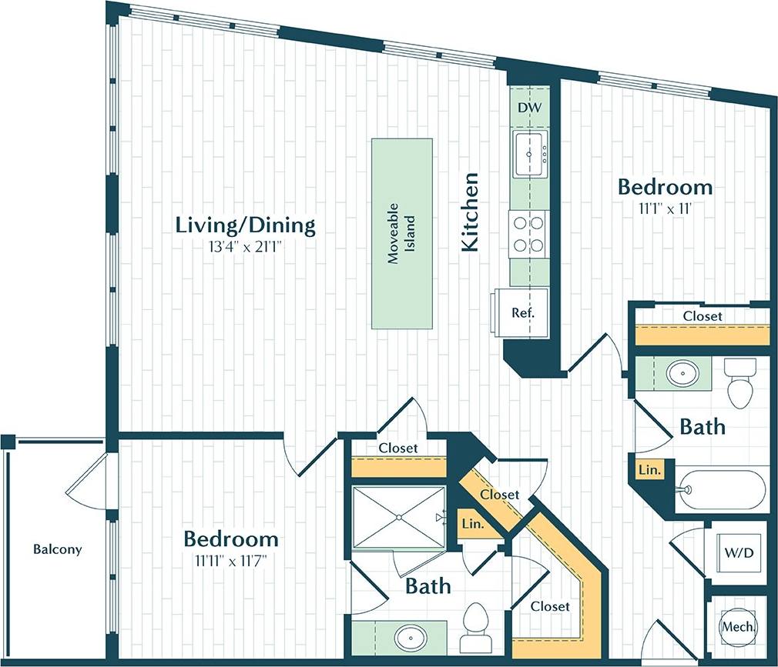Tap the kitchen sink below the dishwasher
(x=529, y=153)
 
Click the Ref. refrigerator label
(x=523, y=313)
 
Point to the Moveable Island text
(x=401, y=234)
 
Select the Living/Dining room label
(x=245, y=225)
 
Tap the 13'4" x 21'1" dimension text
(x=245, y=246)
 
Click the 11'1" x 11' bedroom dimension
(x=665, y=207)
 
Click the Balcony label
(x=57, y=549)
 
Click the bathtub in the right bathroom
(x=721, y=487)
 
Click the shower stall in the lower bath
(x=399, y=518)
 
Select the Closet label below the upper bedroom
(x=703, y=315)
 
